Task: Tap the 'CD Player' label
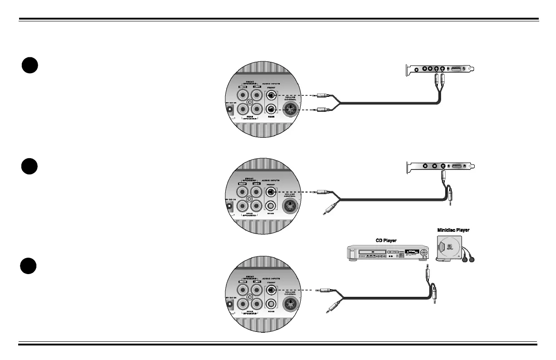386,240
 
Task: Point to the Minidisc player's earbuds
472,260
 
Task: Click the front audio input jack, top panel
271,95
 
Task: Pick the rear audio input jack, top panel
271,110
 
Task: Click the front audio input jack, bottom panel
271,290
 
